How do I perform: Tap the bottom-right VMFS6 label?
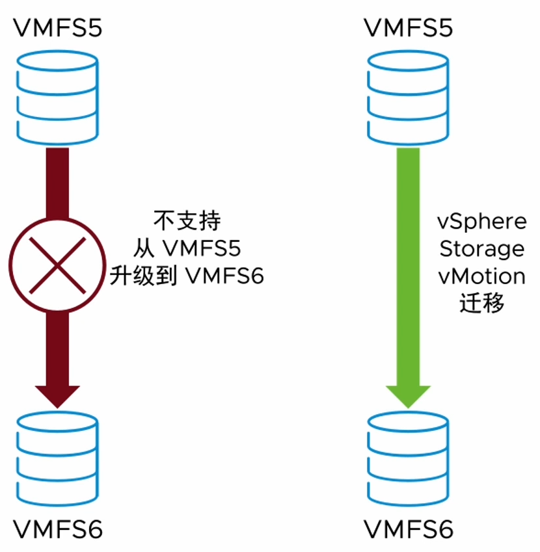(x=408, y=529)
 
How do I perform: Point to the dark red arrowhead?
(x=57, y=393)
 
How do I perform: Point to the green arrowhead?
(x=408, y=393)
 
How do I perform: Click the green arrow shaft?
(x=408, y=260)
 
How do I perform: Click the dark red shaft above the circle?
(x=57, y=182)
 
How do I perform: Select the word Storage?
(x=482, y=248)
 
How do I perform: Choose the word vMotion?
(x=482, y=276)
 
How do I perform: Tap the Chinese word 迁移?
(x=482, y=304)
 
